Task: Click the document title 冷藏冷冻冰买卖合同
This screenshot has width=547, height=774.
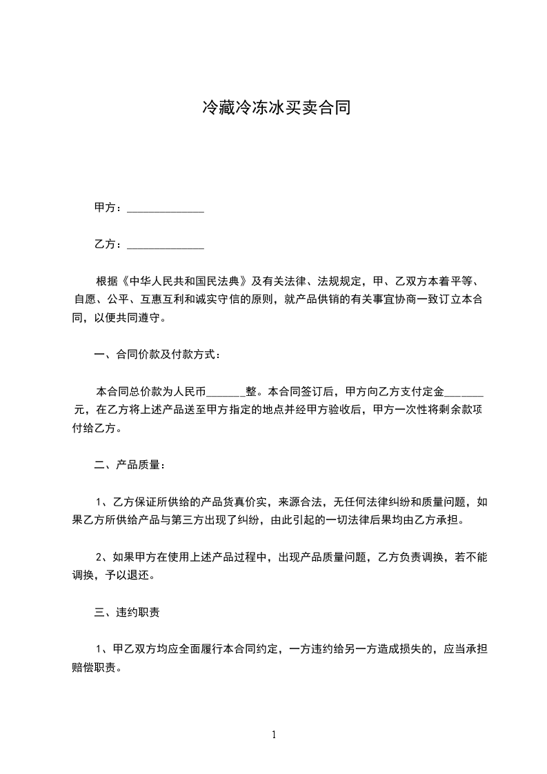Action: tap(273, 108)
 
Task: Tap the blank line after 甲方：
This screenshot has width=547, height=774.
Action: tap(166, 208)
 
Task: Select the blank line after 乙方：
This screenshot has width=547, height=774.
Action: tap(166, 245)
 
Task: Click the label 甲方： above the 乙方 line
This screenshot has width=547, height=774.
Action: tap(109, 208)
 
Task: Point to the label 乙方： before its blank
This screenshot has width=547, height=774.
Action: tap(109, 244)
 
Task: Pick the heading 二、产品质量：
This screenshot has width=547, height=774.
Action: tap(130, 465)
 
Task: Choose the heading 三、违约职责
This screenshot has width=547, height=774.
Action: tap(128, 612)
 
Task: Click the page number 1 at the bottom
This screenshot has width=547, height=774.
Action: tap(274, 735)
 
